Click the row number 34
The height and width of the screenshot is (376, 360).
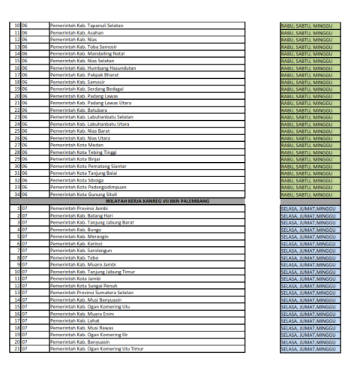tap(15, 194)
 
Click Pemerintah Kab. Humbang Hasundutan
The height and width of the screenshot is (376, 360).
tap(92, 68)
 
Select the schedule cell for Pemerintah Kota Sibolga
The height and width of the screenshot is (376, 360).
tap(309, 180)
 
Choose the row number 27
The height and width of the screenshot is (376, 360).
tap(15, 145)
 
